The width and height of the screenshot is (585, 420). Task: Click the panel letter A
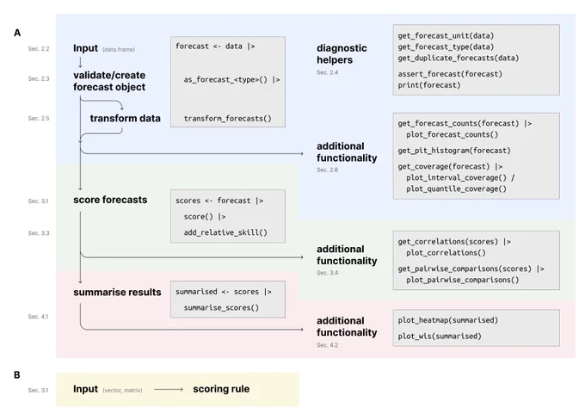17,33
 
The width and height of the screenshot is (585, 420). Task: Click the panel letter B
17,375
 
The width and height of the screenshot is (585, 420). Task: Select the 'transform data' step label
125,119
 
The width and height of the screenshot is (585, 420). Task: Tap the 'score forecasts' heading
110,200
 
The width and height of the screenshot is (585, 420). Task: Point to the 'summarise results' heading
117,292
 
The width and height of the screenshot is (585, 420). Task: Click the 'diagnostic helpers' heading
342,53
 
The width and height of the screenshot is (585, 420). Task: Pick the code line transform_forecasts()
228,119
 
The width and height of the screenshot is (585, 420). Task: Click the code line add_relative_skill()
225,232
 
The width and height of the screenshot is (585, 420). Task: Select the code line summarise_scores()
221,307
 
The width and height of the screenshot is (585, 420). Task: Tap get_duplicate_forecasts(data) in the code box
459,58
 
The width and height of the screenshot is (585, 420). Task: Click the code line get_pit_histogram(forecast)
454,151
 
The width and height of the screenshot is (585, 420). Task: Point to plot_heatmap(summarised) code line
447,320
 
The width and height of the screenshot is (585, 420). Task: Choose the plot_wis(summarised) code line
440,336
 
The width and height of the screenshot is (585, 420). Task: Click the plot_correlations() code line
446,253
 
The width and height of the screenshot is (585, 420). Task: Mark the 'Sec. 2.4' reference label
327,72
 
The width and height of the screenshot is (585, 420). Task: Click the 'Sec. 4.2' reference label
327,345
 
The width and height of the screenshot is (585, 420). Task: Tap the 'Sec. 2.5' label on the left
39,119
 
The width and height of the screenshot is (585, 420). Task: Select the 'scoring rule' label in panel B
221,389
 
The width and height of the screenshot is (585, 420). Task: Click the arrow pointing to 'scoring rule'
169,389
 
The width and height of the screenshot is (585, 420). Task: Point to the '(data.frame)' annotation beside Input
119,49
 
